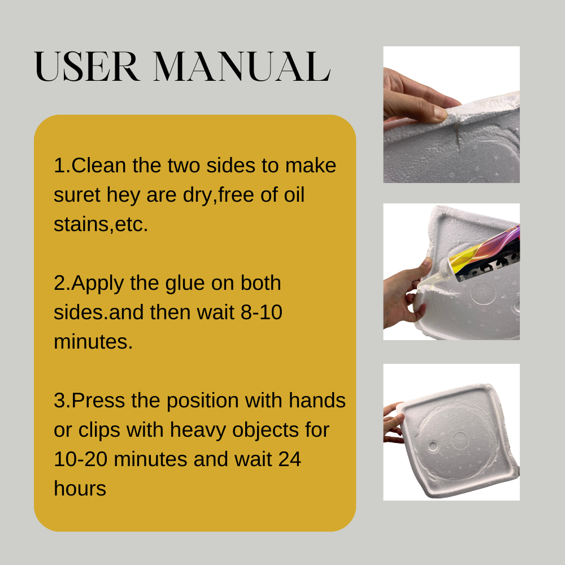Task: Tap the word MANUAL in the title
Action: [242, 68]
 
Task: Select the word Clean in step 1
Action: [99, 166]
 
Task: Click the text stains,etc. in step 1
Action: [101, 224]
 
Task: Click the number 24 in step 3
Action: [289, 459]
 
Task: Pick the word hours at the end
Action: [80, 489]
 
